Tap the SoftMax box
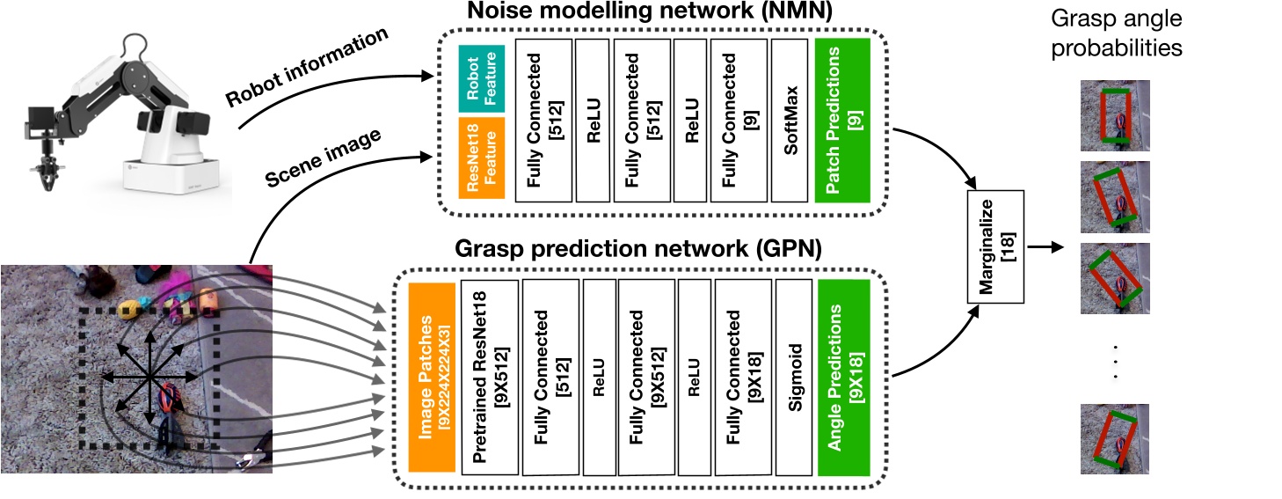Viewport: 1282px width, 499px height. tap(789, 120)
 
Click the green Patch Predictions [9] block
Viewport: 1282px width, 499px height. tap(841, 120)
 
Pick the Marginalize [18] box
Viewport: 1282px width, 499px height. tap(995, 247)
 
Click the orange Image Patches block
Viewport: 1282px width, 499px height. tap(431, 378)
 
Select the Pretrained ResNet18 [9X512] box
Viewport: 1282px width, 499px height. tap(489, 378)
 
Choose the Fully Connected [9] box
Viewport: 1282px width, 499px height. tap(735, 120)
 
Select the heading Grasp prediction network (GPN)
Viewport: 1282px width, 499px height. tap(638, 249)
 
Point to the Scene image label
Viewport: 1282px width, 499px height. tap(323, 159)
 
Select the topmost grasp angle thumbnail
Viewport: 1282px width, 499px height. tap(1115, 114)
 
